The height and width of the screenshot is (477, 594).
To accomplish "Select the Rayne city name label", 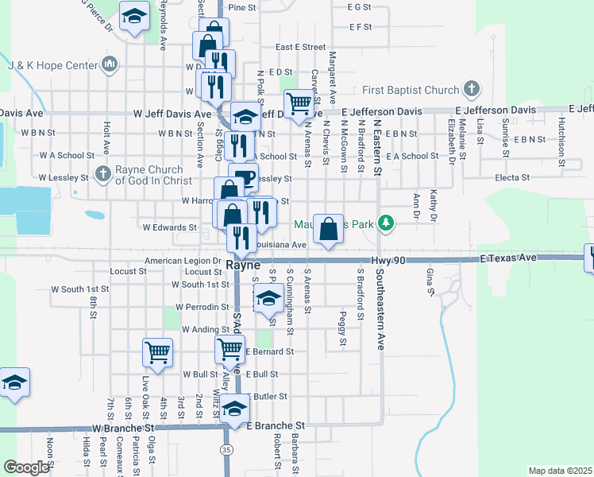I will [243, 266].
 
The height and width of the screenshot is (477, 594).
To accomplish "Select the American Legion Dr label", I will [183, 261].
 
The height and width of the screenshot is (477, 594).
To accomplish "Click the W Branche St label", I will [121, 427].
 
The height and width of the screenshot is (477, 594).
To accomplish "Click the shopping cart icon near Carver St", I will [299, 103].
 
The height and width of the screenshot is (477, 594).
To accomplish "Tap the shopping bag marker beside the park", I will [329, 229].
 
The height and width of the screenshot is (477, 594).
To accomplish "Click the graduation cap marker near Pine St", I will [135, 16].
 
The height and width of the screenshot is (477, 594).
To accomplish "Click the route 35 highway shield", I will [227, 449].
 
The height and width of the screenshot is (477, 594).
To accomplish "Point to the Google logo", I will [25, 467].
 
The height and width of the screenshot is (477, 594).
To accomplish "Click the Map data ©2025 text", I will [559, 471].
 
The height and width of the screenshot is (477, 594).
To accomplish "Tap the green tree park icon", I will [386, 223].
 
